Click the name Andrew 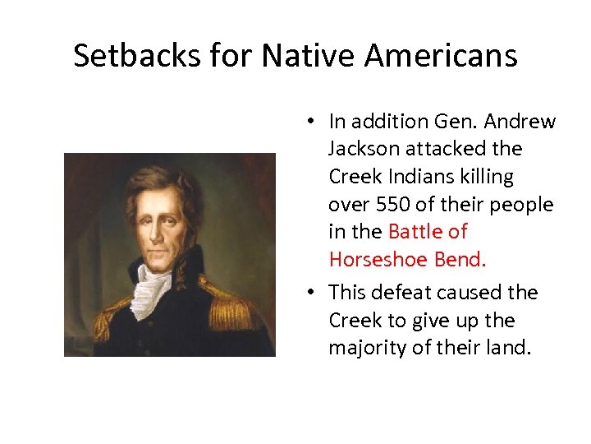click(520, 122)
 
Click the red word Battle click(418, 232)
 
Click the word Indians click(423, 177)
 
